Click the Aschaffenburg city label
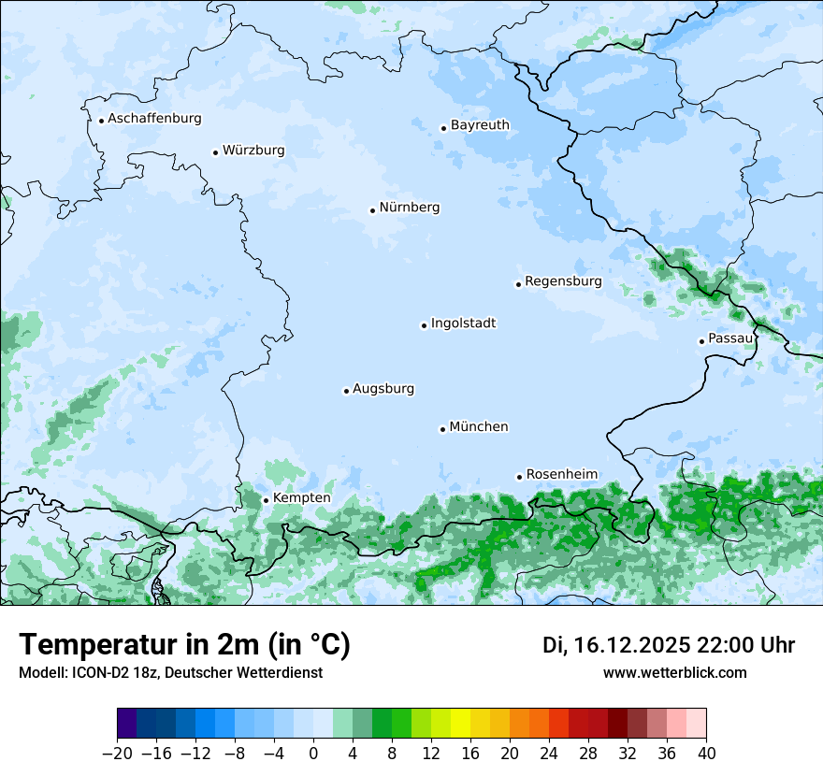click(154, 119)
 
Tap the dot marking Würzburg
click(215, 152)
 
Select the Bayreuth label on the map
click(480, 125)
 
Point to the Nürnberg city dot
click(372, 210)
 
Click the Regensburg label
click(563, 281)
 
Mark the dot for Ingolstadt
click(424, 325)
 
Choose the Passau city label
click(730, 338)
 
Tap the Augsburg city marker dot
click(346, 391)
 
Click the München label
click(479, 427)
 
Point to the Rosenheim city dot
click(519, 477)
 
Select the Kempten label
click(301, 498)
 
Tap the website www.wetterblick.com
click(674, 673)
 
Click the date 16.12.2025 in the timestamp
click(631, 645)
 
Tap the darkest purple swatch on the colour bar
click(127, 725)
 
